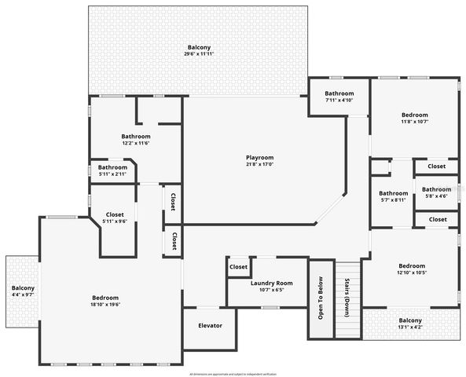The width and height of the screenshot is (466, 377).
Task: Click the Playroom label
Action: (x=259, y=158)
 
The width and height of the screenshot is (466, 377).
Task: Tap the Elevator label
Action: (x=209, y=325)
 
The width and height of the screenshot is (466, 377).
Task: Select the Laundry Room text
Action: (x=271, y=283)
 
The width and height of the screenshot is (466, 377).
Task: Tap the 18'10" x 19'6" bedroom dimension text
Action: (x=105, y=305)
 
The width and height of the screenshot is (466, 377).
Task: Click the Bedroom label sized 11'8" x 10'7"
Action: (x=414, y=115)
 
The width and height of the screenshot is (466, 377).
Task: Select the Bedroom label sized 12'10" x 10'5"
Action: (x=411, y=265)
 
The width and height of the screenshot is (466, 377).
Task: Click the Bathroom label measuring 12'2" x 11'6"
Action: (x=135, y=136)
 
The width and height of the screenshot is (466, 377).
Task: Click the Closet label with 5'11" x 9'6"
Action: (x=114, y=214)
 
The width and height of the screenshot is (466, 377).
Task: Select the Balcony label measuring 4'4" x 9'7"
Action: (x=23, y=288)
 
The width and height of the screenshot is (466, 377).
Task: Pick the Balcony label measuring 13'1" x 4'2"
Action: (x=409, y=320)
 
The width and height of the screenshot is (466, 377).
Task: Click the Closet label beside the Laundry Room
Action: (x=238, y=267)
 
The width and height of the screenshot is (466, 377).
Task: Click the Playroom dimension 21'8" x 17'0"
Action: (x=259, y=165)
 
